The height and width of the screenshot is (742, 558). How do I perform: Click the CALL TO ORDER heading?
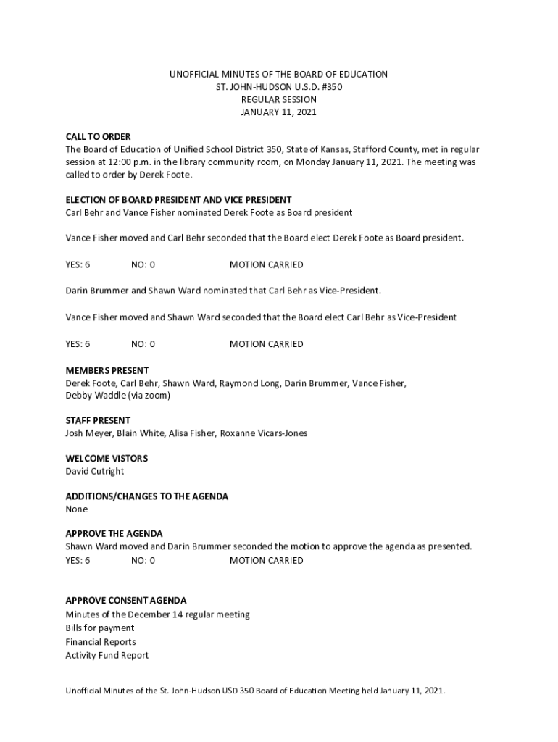98,136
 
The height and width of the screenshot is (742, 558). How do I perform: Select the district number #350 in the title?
330,87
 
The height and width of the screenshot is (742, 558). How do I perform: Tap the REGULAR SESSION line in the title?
279,100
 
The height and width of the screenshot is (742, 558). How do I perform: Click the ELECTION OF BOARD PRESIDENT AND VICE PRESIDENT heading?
178,200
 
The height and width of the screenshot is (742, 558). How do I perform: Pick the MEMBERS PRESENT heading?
107,370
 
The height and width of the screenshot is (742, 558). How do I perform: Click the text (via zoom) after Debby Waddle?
149,396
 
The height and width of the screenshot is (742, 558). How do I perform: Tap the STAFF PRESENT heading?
98,420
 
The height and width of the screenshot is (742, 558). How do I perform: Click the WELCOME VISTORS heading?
107,459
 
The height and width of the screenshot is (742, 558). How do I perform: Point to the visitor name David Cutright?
95,472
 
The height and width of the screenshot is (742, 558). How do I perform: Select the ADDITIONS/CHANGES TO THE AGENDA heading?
147,496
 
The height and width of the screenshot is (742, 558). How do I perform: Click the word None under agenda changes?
77,509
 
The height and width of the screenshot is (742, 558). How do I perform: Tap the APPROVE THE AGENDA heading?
114,534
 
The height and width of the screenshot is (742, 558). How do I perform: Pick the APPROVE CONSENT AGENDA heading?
126,601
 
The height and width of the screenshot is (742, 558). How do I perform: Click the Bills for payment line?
100,628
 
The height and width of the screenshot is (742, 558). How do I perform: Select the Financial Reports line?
101,642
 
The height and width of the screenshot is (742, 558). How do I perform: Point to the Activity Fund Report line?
107,656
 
